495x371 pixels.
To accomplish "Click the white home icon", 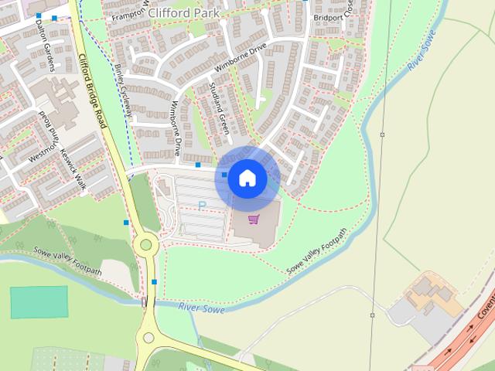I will [x=247, y=179].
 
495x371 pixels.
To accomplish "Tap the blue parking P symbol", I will [x=202, y=206].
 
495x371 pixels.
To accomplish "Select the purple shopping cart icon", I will [x=253, y=220].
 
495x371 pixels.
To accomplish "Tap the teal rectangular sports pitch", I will [x=39, y=302].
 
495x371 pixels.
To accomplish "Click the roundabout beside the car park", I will [x=145, y=245].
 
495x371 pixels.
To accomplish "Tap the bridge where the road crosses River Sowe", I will [x=145, y=302].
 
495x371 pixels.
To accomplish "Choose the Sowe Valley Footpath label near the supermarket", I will [x=317, y=252].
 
